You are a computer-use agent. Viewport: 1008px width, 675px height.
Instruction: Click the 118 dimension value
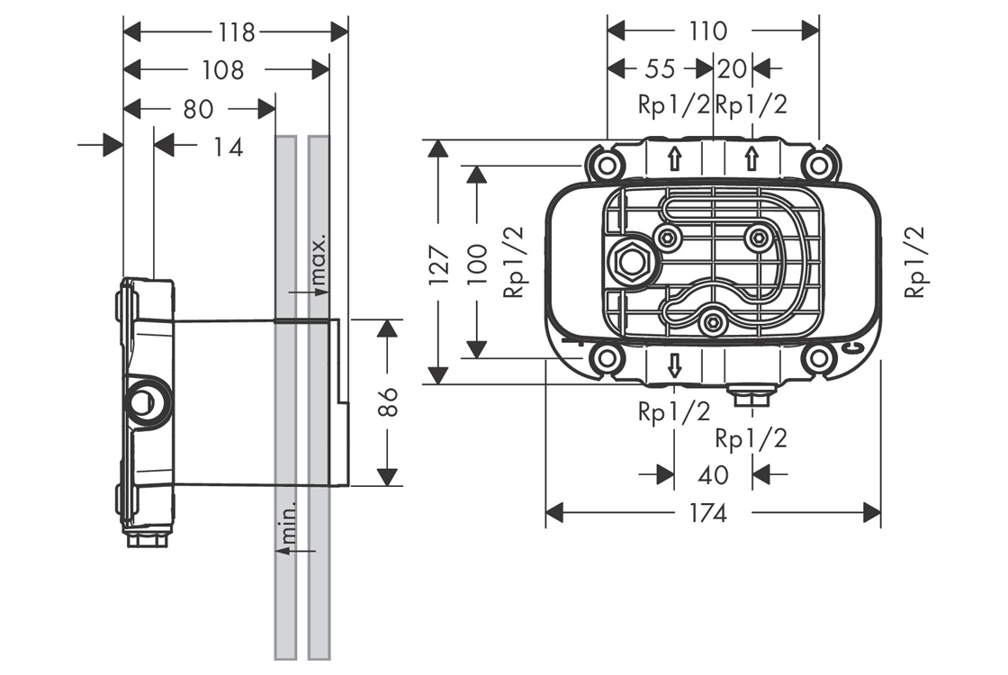(x=236, y=32)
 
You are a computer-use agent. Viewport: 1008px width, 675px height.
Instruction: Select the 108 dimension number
(x=222, y=70)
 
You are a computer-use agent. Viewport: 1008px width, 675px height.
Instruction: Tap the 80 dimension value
(x=198, y=109)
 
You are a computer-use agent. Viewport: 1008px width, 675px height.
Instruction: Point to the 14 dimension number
(x=228, y=147)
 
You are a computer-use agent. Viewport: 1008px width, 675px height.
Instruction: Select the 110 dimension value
(x=708, y=31)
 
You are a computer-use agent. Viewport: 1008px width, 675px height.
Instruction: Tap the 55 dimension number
(x=661, y=69)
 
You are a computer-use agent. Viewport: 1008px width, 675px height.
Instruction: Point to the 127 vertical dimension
(x=437, y=265)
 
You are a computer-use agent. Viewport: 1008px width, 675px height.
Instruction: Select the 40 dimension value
(x=713, y=473)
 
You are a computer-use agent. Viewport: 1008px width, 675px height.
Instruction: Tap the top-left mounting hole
(x=606, y=165)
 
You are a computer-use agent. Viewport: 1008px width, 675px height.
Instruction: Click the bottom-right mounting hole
(x=818, y=358)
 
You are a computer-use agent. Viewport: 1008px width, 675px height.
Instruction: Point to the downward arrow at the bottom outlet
(x=674, y=364)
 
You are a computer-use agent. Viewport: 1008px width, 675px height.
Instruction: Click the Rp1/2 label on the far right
(x=915, y=262)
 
